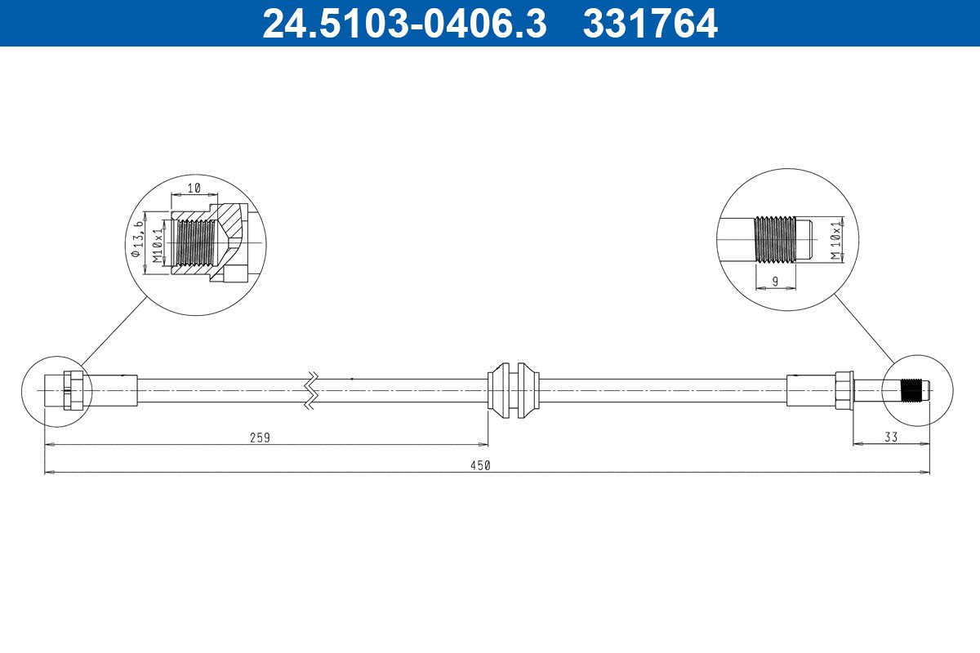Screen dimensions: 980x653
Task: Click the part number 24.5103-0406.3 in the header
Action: [x=405, y=24]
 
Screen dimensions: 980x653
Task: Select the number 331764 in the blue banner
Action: [x=650, y=24]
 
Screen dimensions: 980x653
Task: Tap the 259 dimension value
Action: [x=260, y=438]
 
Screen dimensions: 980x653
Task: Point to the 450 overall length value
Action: [x=480, y=466]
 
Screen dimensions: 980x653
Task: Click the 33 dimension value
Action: [x=891, y=437]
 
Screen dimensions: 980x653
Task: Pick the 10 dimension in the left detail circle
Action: [x=194, y=188]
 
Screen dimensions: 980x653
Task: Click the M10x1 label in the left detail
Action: [x=158, y=246]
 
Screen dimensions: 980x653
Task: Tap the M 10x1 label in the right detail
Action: [x=836, y=241]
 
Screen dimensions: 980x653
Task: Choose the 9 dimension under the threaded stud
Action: [x=775, y=282]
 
